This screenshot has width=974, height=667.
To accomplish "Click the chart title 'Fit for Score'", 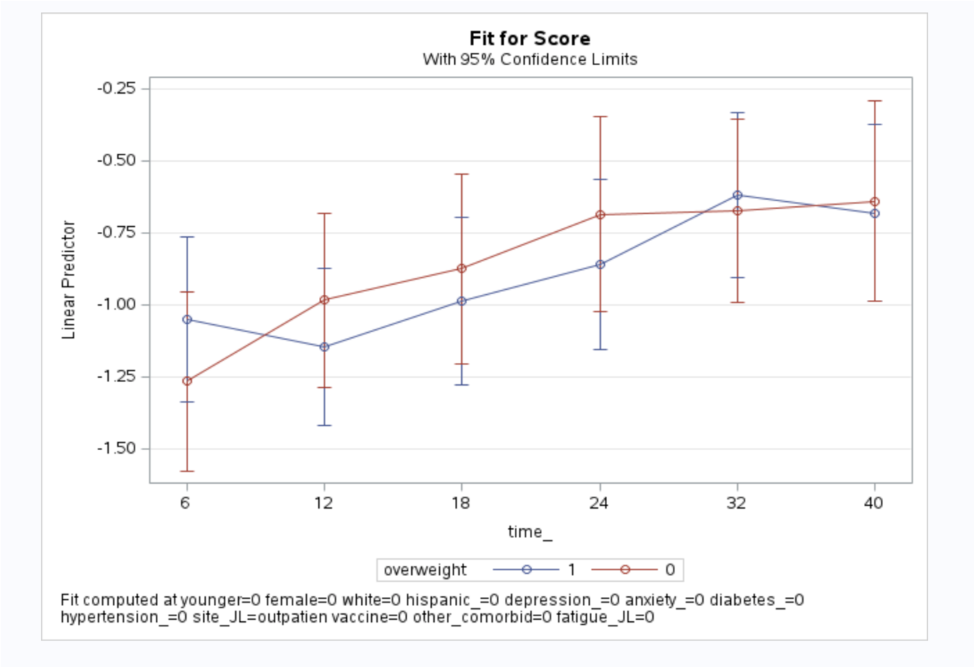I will [530, 39].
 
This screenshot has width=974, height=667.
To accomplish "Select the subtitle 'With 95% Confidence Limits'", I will [530, 59].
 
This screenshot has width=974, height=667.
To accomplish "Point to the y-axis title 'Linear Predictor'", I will [69, 279].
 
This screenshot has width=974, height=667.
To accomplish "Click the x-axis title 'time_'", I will [530, 532].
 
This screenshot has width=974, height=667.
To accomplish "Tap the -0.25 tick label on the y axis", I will [117, 88].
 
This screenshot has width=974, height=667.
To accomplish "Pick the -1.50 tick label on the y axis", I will [117, 449].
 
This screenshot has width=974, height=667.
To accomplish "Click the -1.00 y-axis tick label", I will [117, 304].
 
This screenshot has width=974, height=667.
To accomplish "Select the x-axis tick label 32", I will [736, 503].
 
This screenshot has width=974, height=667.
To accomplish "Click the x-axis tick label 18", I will [461, 503].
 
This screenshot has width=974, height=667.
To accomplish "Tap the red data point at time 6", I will [187, 381].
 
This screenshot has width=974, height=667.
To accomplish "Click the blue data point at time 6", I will [187, 320].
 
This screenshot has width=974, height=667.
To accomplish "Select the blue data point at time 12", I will [325, 347].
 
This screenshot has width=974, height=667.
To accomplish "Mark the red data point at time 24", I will [601, 215].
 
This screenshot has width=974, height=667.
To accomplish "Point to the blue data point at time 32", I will [738, 195].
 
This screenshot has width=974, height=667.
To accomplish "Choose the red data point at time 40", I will [875, 203].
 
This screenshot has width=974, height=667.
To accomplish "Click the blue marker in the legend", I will [527, 570].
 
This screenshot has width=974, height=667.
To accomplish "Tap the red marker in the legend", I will [625, 570].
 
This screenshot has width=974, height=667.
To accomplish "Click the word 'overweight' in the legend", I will [425, 570].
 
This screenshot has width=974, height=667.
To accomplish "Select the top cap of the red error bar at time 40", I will [875, 101].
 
